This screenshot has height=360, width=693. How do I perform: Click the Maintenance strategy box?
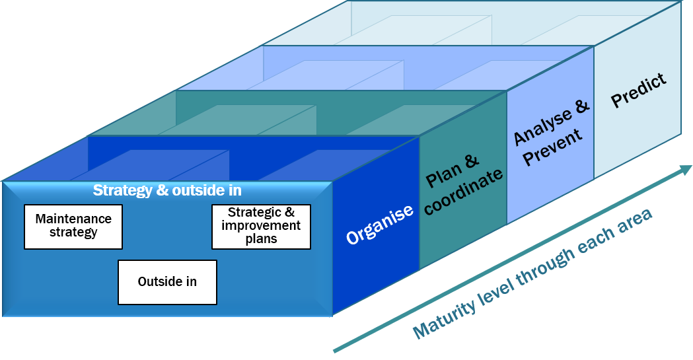tap(73, 227)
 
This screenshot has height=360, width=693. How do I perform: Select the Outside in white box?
tap(167, 282)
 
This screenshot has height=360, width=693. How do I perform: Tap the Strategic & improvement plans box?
tap(261, 227)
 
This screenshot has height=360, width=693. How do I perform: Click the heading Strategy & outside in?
tap(167, 191)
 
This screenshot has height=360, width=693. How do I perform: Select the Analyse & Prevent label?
tap(550, 129)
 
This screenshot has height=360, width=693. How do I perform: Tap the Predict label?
tap(638, 91)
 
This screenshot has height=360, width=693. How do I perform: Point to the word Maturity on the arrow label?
tap(442, 319)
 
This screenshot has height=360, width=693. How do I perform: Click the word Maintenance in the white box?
tap(73, 219)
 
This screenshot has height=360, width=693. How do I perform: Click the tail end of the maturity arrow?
tap(335, 350)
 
